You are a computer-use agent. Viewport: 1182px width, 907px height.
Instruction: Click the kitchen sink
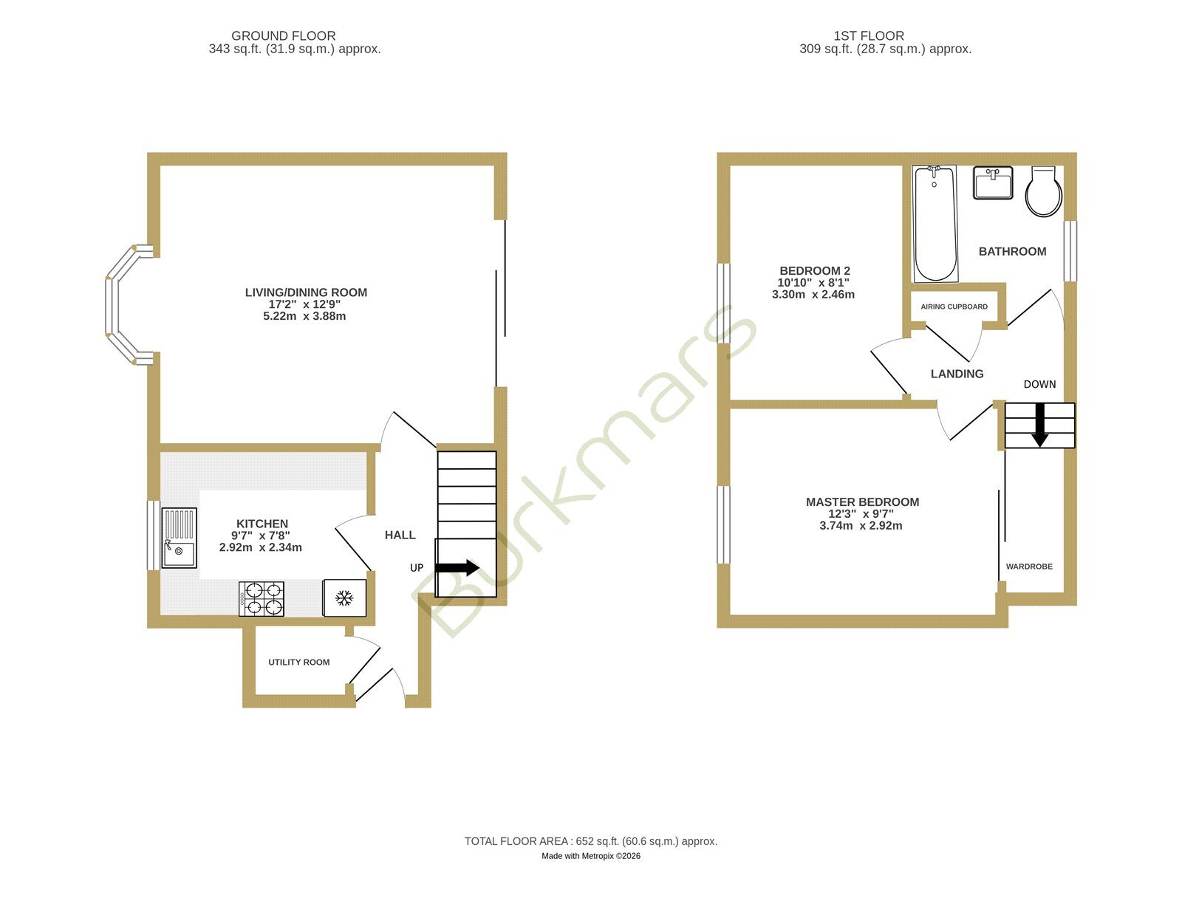[179, 538]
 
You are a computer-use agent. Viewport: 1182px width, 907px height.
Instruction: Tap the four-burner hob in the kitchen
[261, 599]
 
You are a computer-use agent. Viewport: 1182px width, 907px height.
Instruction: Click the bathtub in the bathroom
[935, 224]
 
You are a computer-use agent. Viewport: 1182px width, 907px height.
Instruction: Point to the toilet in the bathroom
[1043, 191]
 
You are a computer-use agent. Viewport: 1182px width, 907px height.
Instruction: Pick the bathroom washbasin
[993, 182]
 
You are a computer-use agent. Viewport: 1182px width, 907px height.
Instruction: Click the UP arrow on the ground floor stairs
[457, 568]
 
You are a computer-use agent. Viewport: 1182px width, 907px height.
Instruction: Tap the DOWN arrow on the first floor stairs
[1039, 425]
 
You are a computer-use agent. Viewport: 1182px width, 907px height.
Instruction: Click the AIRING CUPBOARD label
[954, 307]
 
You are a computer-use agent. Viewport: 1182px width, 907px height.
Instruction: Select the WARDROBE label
[1029, 567]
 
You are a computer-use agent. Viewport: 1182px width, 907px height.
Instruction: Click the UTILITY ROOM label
[298, 663]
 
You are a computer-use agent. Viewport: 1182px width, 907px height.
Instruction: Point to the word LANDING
[957, 374]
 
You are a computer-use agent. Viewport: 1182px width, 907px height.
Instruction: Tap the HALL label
[400, 535]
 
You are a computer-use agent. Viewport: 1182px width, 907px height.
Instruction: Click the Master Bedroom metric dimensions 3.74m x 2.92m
[861, 526]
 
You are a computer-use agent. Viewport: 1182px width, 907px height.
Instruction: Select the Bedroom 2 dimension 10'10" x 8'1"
[813, 283]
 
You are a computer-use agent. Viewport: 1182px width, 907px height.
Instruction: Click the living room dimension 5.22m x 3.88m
[304, 316]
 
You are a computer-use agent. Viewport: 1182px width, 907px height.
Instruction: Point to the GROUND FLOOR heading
[284, 36]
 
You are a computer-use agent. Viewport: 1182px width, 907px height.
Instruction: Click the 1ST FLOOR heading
[869, 36]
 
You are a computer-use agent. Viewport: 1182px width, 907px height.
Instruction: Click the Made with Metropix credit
[591, 856]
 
